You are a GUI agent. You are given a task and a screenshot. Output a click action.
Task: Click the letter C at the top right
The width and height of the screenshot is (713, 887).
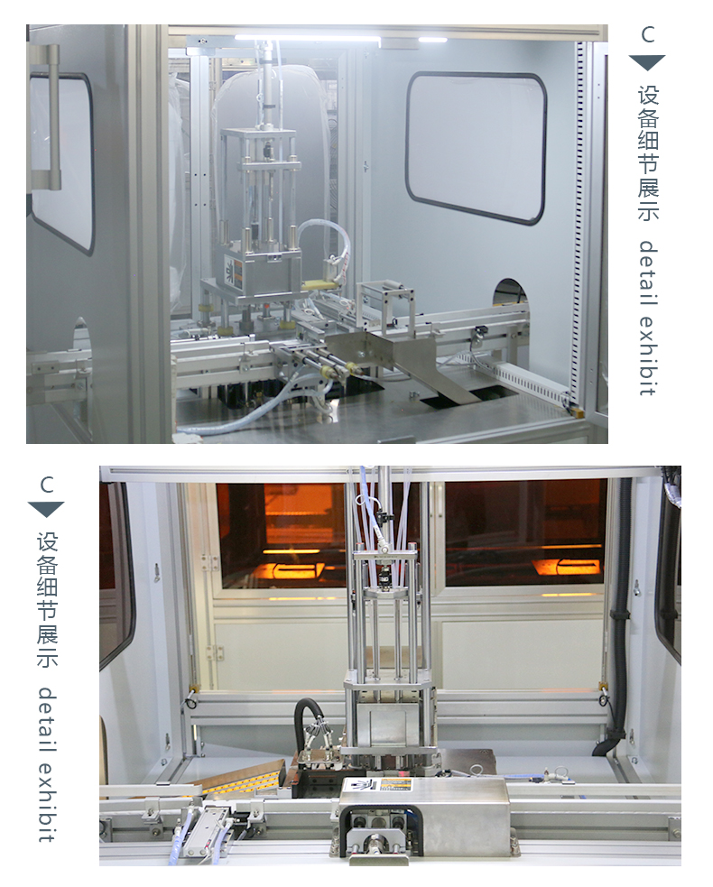click(x=648, y=34)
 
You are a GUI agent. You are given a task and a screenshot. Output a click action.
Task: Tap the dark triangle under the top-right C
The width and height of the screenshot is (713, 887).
click(x=647, y=62)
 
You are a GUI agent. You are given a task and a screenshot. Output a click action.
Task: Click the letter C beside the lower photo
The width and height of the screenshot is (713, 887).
click(x=47, y=485)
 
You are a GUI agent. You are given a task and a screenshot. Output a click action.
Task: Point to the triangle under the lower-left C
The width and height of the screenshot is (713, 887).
click(x=46, y=509)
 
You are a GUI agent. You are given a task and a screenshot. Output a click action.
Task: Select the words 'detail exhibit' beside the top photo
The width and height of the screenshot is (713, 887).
click(x=649, y=318)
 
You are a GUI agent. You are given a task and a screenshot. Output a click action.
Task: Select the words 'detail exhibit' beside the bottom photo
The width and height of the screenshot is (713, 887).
click(x=48, y=764)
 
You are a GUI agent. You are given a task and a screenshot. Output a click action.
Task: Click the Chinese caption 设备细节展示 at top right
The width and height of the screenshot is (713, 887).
click(x=649, y=152)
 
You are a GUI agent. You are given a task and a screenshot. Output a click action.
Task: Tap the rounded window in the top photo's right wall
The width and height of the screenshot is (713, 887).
click(x=476, y=147)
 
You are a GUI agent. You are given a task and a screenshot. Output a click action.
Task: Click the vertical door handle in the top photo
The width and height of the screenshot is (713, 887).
click(x=52, y=117)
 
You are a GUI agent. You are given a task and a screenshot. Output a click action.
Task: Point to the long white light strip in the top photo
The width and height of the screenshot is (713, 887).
click(x=309, y=38)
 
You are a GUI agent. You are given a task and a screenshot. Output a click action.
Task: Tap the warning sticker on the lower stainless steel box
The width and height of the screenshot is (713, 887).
click(x=395, y=786)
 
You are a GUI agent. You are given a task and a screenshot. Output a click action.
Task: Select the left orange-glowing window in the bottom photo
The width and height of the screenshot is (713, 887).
click(x=282, y=535)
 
